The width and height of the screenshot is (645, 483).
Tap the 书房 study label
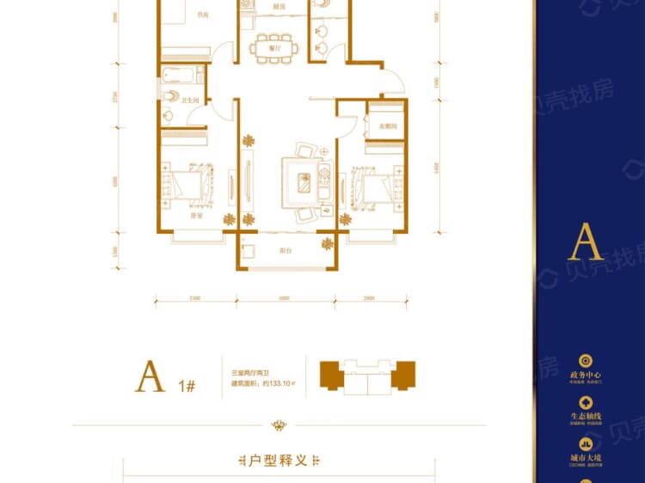click(x=202, y=15)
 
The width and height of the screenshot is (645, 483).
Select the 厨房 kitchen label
click(x=279, y=7)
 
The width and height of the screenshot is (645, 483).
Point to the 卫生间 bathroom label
click(x=190, y=101)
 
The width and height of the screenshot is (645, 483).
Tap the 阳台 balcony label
click(x=286, y=250)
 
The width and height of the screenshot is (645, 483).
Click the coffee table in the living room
click(x=303, y=181)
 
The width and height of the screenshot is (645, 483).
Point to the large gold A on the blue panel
click(x=585, y=242)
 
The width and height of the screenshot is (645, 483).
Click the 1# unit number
click(x=187, y=385)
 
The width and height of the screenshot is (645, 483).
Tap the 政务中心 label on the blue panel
click(x=586, y=376)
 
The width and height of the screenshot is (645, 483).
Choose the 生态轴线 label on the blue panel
click(x=586, y=417)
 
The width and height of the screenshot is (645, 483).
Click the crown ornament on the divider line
click(x=278, y=425)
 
